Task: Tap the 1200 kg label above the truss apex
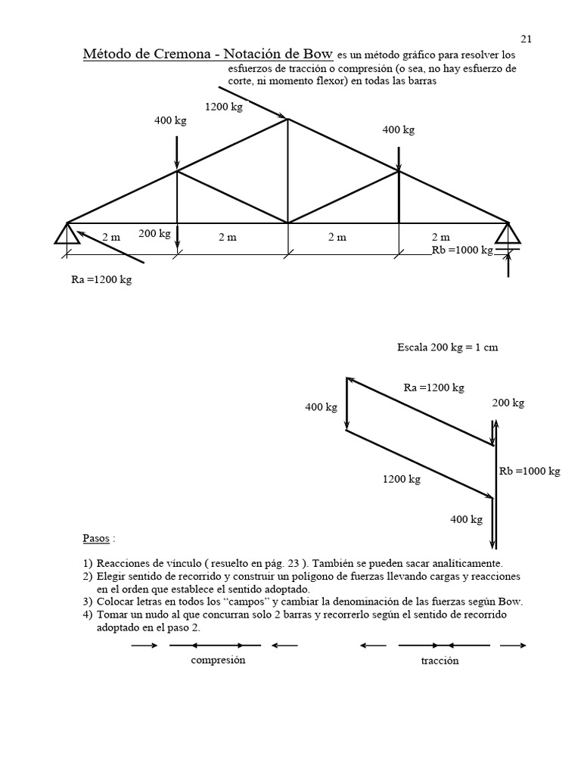pos(224,107)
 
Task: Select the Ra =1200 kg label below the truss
pos(101,280)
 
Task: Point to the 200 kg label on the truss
pos(154,234)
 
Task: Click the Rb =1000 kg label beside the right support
pos(461,250)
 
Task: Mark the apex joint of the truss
pos(287,118)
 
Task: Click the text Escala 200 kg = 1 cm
pos(448,348)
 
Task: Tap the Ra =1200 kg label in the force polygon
pos(434,388)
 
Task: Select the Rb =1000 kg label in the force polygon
pos(530,471)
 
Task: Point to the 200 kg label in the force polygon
pos(508,403)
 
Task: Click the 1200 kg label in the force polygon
pos(401,479)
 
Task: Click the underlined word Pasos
pos(96,539)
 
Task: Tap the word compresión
pos(219,660)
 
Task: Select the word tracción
pos(440,661)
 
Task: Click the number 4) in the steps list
pos(88,615)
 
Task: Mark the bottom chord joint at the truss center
pos(287,223)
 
